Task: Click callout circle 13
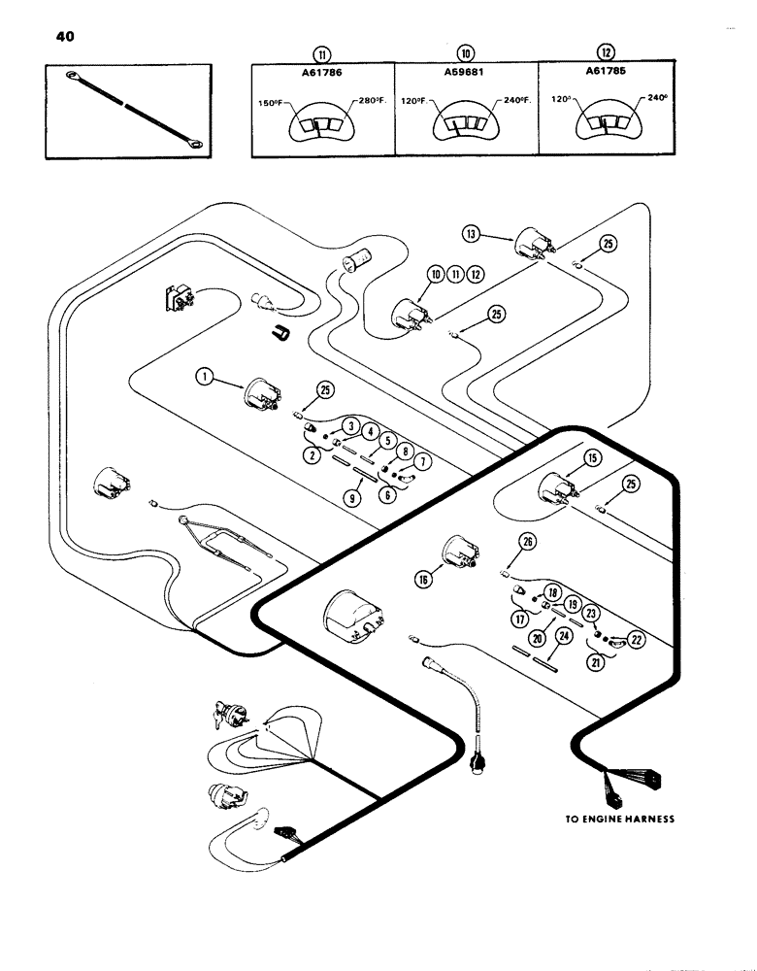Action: (x=471, y=233)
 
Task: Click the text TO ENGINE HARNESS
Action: (x=620, y=819)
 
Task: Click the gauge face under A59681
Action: (x=464, y=123)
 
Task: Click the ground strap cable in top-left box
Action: (x=131, y=109)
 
